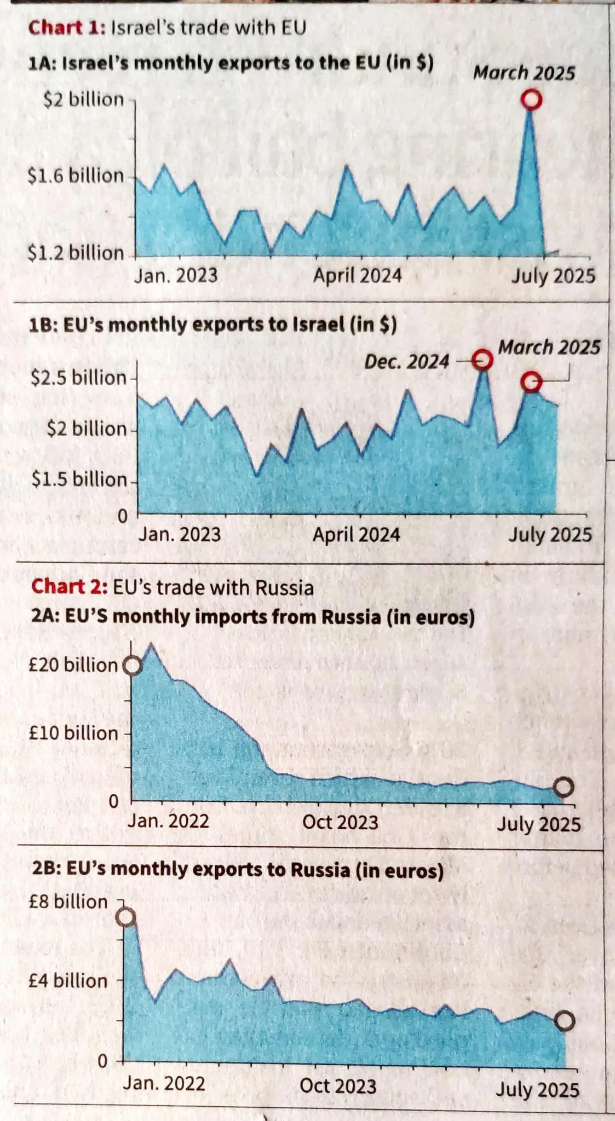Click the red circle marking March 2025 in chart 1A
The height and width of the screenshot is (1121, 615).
click(531, 100)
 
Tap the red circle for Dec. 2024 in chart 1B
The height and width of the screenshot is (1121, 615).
click(482, 360)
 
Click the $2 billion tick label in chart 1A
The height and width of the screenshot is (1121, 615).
click(84, 100)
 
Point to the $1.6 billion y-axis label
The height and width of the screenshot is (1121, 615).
click(76, 176)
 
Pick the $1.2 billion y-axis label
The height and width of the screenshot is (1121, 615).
click(76, 253)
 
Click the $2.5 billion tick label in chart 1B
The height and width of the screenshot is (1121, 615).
click(78, 378)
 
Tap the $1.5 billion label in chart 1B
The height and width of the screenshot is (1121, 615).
click(79, 479)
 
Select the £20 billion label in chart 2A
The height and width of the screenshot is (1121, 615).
click(73, 665)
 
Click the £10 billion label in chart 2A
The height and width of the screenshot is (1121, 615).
click(73, 733)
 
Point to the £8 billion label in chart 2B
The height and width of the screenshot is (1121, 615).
click(68, 902)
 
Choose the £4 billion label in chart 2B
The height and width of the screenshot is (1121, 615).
click(68, 980)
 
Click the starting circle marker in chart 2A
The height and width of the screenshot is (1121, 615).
click(133, 666)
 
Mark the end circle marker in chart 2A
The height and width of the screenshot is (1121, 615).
click(564, 787)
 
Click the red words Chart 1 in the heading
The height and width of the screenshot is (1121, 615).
click(66, 27)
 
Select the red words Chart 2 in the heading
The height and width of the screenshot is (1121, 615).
click(69, 587)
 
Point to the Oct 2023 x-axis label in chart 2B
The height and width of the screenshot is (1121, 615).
click(338, 1086)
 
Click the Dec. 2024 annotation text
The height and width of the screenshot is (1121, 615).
click(406, 362)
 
